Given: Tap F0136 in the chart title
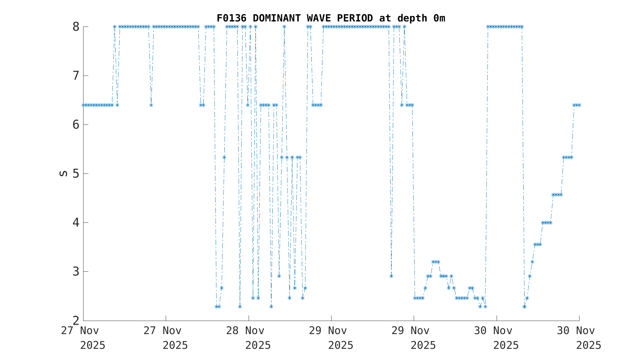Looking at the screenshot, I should point(231,18).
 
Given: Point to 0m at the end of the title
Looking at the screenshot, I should point(439,18).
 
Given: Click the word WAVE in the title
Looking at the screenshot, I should point(321,18).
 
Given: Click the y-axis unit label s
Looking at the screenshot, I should point(63,173).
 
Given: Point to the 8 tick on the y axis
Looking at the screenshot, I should point(76,27).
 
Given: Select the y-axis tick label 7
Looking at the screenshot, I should point(76,76).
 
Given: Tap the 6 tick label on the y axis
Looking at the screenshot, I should point(76,125).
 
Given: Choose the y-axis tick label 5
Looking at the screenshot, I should point(76,174).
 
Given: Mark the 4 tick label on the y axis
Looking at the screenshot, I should point(76,223).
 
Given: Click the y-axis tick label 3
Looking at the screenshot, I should point(76,272).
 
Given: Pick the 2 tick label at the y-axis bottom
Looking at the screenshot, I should point(76,320).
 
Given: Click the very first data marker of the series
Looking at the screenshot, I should point(84,105).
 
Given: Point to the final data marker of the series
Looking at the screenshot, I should point(579,105).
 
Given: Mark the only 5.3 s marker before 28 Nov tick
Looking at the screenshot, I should point(224,157).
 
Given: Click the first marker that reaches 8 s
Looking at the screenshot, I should point(115,27).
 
